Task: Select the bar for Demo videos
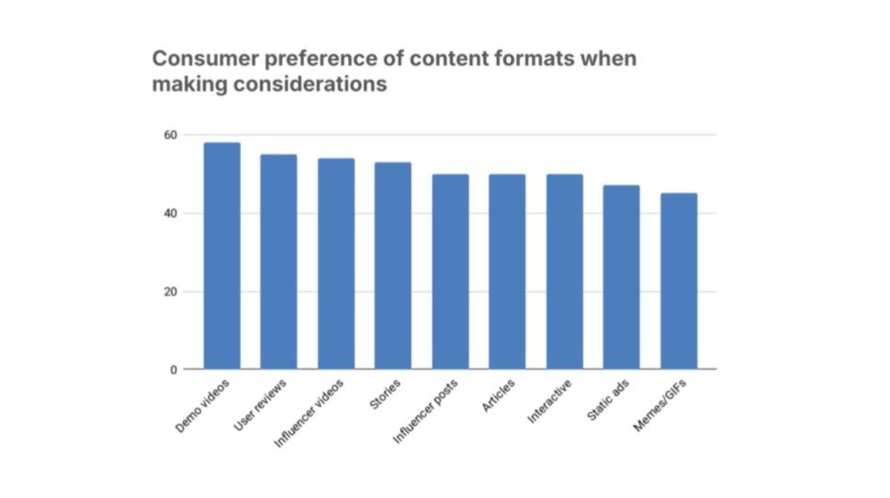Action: coord(222,256)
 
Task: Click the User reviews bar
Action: coord(279,262)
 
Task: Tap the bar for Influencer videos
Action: coord(336,264)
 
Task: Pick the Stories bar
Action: coord(393,266)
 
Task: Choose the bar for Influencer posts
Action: coord(450,272)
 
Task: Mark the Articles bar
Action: coord(507,272)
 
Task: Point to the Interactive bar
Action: coord(565,272)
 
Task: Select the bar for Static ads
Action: coord(621,277)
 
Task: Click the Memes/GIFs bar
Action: coord(679,281)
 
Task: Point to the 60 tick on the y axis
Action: coord(170,135)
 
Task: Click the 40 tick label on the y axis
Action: coord(170,213)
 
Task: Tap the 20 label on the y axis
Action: coord(170,292)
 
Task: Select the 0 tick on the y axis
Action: coord(173,370)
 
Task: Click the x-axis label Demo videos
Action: coord(202,406)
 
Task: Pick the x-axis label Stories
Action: coord(385,394)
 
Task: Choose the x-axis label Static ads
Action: coord(608,400)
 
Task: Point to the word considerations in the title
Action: coord(310,84)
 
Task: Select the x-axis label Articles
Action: coord(498,395)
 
